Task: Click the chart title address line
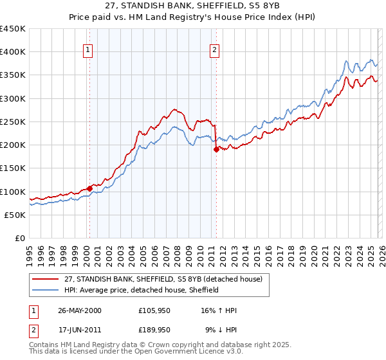pyautogui.click(x=193, y=6)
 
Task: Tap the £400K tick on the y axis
pyautogui.click(x=13, y=52)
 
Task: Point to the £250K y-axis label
pyautogui.click(x=13, y=122)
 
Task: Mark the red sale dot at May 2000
pyautogui.click(x=89, y=188)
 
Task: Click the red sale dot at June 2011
pyautogui.click(x=216, y=149)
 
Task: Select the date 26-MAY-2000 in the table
pyautogui.click(x=79, y=310)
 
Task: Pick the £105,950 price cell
pyautogui.click(x=154, y=310)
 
